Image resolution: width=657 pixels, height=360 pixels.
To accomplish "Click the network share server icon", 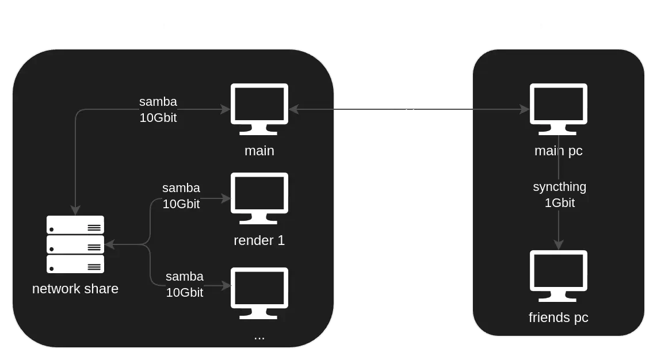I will [75, 244].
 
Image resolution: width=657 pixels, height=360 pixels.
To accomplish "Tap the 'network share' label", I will [75, 289].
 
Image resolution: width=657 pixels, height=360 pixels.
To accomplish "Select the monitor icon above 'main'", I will [259, 109].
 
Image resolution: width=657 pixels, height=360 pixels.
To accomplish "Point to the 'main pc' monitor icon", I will [558, 109].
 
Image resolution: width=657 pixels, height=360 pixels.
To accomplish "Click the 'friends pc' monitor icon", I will [558, 275].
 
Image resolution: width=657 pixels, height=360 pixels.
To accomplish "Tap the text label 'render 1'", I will [259, 240].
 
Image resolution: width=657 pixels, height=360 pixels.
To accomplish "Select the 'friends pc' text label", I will [558, 317].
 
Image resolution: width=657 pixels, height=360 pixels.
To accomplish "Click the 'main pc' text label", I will [558, 151].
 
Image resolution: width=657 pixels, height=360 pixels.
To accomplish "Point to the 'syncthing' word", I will [559, 187].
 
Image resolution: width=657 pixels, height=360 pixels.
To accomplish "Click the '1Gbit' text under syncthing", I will [559, 203].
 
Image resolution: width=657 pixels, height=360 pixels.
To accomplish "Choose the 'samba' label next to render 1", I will [181, 188].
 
